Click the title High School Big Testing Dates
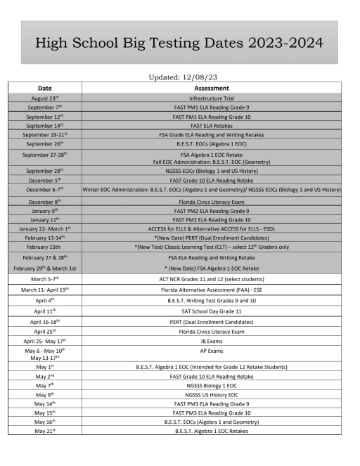point(179,43)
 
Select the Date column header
point(44,88)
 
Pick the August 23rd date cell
point(44,98)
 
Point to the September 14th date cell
point(44,125)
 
